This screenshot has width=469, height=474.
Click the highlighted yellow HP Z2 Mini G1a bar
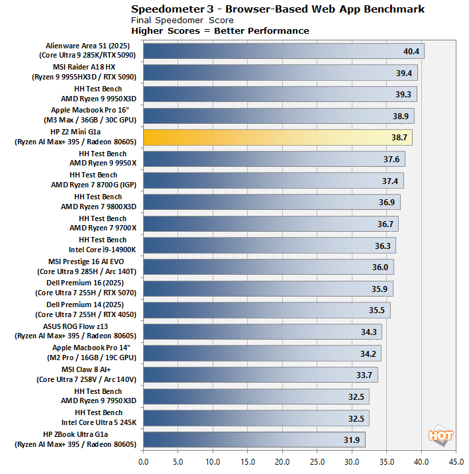pos(277,138)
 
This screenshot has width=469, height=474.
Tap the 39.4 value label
pos(403,73)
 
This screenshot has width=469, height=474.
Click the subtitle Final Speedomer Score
pos(182,21)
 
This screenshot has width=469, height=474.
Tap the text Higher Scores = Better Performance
pos(220,30)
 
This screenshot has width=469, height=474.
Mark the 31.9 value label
pos(351,440)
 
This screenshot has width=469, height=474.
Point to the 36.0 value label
pos(380,267)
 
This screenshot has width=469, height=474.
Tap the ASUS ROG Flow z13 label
pos(93,332)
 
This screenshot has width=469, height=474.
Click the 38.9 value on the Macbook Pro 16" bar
pos(399,117)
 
